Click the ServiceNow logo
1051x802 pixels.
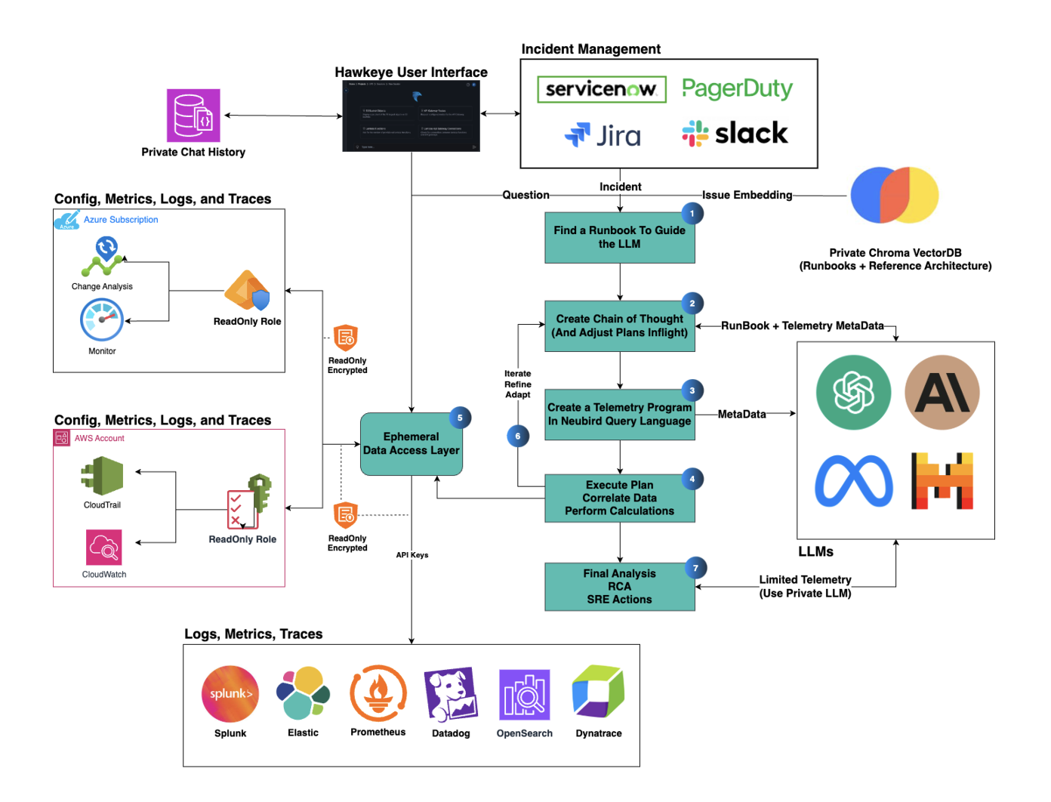click(601, 89)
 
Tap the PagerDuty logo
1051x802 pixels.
click(737, 89)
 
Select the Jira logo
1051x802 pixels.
click(603, 135)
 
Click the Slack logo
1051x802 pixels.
click(735, 134)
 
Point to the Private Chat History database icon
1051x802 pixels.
click(193, 116)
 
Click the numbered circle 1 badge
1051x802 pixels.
click(692, 214)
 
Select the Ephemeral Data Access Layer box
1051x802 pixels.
click(411, 444)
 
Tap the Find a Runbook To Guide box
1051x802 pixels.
click(619, 237)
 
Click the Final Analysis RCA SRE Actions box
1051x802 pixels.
click(619, 587)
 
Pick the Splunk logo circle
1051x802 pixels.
click(230, 694)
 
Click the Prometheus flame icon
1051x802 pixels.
click(378, 693)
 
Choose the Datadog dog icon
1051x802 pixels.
click(451, 694)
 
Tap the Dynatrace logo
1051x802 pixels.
click(598, 692)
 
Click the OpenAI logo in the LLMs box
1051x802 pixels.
click(853, 393)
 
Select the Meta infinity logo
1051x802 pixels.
click(853, 481)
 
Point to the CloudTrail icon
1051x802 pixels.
click(103, 476)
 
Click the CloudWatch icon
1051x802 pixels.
click(104, 548)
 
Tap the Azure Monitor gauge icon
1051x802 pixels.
click(102, 320)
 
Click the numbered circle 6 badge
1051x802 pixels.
click(517, 436)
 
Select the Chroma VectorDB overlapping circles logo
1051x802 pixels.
click(894, 196)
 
